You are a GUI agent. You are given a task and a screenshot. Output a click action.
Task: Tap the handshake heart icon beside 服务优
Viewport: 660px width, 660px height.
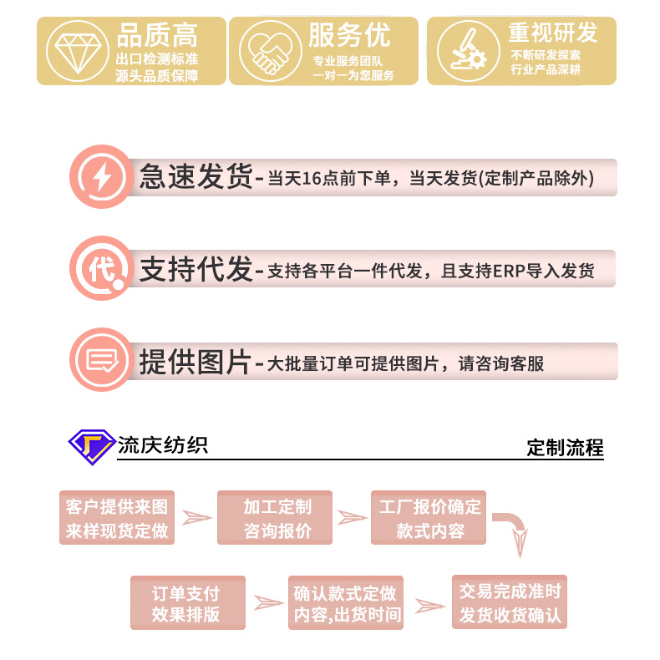click(x=267, y=51)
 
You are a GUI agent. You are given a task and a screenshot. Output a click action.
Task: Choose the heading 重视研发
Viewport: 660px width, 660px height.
click(x=553, y=33)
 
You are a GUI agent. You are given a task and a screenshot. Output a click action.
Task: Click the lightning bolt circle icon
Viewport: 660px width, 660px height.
click(x=100, y=177)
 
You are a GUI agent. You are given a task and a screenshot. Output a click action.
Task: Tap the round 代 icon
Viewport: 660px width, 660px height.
click(x=101, y=269)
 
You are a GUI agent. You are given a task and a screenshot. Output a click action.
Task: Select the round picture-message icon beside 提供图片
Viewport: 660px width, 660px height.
click(x=101, y=360)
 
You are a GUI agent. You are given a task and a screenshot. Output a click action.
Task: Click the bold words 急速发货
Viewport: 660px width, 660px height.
click(x=195, y=177)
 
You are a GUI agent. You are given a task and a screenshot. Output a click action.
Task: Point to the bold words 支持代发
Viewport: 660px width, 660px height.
click(x=195, y=269)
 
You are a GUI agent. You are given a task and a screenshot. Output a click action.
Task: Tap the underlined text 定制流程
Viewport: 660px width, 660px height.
click(x=565, y=448)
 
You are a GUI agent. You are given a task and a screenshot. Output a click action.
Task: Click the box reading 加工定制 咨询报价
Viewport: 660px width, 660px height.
click(x=276, y=518)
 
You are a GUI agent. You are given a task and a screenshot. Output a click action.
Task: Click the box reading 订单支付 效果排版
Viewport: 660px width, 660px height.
click(x=187, y=603)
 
